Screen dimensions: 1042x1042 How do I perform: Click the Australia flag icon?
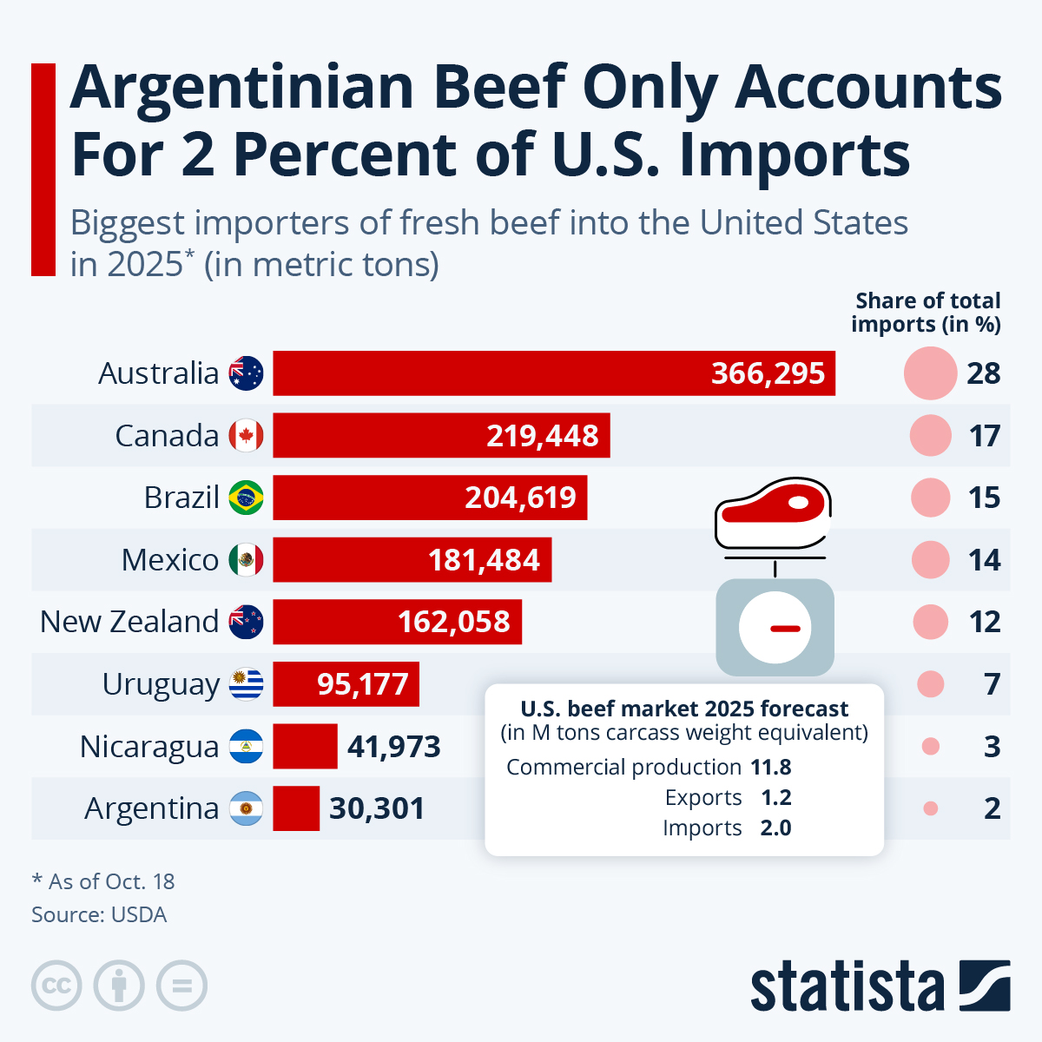click(246, 373)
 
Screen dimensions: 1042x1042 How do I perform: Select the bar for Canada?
click(441, 436)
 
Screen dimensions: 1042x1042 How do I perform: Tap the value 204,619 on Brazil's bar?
click(520, 498)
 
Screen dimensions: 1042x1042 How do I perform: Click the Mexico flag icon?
click(246, 560)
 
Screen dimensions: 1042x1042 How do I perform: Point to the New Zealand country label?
click(129, 622)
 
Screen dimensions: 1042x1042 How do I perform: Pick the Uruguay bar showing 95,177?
click(346, 684)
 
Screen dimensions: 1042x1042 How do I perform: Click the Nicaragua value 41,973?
click(394, 747)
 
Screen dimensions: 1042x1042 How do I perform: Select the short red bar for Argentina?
click(296, 808)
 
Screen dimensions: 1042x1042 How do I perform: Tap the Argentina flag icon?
click(246, 808)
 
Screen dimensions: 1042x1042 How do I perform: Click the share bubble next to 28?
click(930, 373)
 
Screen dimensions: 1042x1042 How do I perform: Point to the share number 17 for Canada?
click(985, 436)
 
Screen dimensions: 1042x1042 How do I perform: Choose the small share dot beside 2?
click(931, 808)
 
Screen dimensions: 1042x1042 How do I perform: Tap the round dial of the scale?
click(775, 627)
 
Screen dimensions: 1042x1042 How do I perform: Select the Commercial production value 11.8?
click(771, 768)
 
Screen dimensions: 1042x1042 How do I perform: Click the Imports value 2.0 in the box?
click(775, 828)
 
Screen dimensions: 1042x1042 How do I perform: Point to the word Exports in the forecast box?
click(703, 798)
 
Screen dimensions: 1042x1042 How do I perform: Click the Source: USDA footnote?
click(99, 915)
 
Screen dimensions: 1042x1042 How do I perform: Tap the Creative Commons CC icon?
click(56, 986)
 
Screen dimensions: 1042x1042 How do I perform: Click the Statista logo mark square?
click(985, 986)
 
